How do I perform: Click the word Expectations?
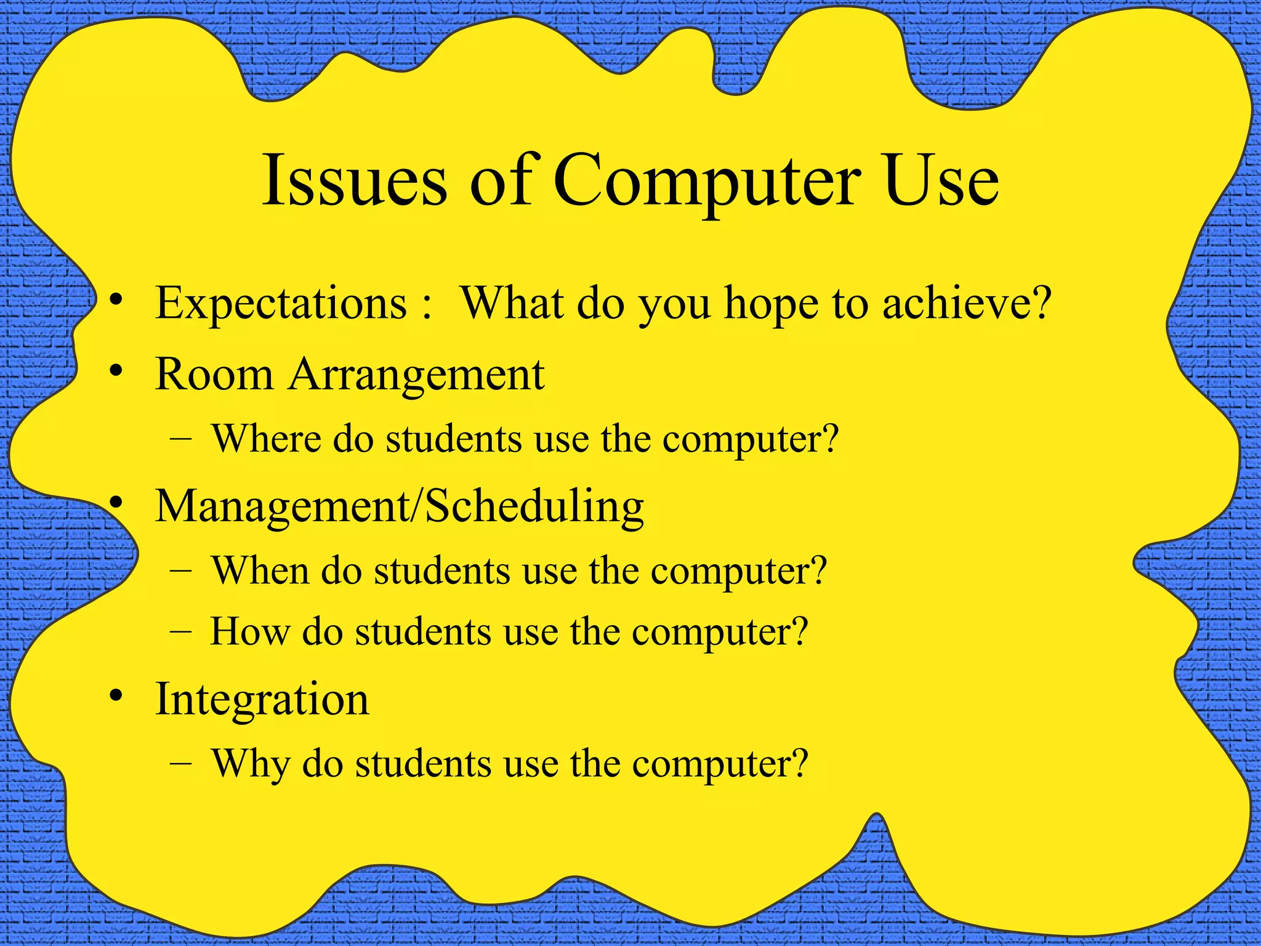click(x=281, y=304)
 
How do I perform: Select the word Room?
click(x=214, y=374)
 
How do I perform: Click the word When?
click(x=260, y=570)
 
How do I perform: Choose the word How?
click(x=249, y=632)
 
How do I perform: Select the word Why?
click(x=250, y=764)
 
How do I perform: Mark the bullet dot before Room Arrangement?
click(x=115, y=372)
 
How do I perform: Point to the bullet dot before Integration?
click(x=115, y=698)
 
